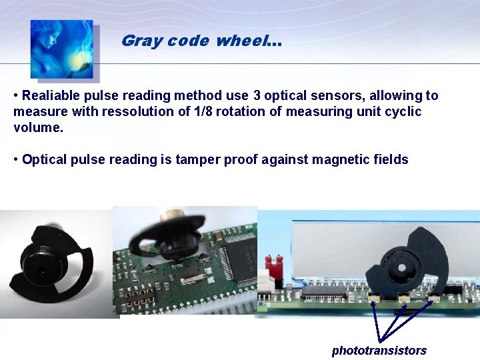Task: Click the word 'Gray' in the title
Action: point(142,41)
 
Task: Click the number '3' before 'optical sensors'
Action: point(257,96)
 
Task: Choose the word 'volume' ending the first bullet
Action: point(36,127)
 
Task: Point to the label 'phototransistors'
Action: point(379,351)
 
